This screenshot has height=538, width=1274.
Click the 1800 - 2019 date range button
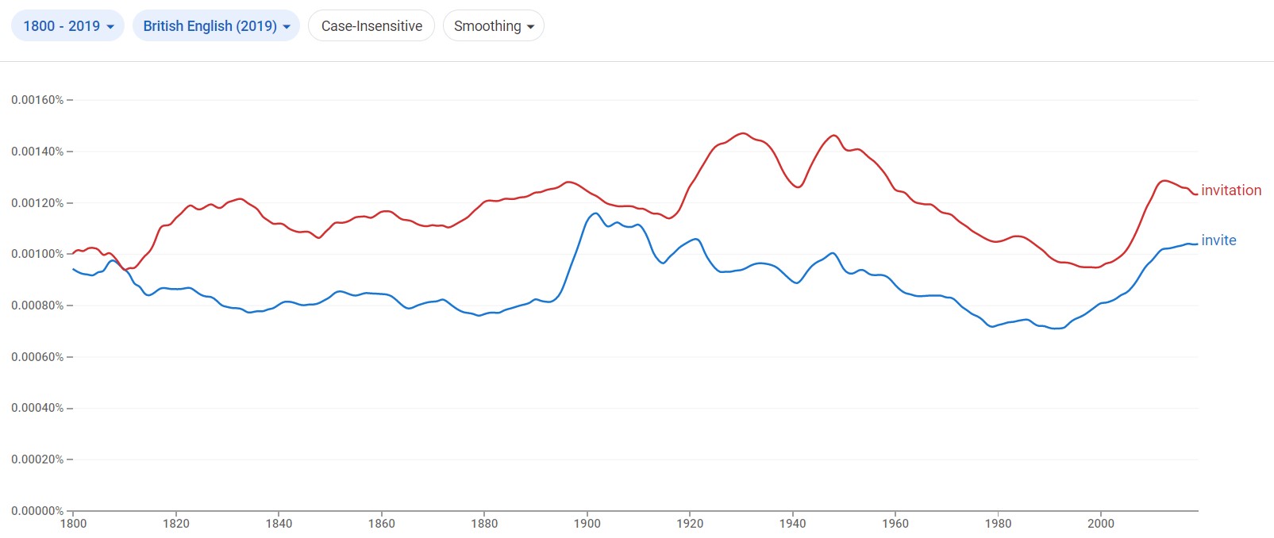pos(67,26)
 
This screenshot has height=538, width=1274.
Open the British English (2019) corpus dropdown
pos(216,26)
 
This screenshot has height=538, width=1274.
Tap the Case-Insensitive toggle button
pos(371,26)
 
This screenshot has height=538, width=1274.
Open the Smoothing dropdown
pos(493,26)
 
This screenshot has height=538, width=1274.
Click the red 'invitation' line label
pos(1230,190)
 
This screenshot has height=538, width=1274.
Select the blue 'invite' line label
pos(1218,240)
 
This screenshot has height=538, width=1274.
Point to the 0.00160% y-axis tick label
pos(37,100)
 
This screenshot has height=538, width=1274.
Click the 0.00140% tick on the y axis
pos(37,152)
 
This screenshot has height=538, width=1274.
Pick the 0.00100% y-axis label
pos(37,254)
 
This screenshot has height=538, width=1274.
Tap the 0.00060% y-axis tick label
pos(37,357)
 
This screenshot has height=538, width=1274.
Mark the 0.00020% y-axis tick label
pos(37,459)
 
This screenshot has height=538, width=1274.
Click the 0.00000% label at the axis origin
pos(37,511)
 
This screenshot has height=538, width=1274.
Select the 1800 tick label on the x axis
pos(74,524)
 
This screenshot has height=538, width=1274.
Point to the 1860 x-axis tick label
pos(382,524)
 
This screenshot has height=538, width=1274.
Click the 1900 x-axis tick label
pos(587,524)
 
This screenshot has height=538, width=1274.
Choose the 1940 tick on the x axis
pos(793,524)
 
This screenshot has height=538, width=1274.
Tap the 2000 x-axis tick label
pos(1101,524)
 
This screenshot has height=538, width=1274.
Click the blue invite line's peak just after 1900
pos(595,213)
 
